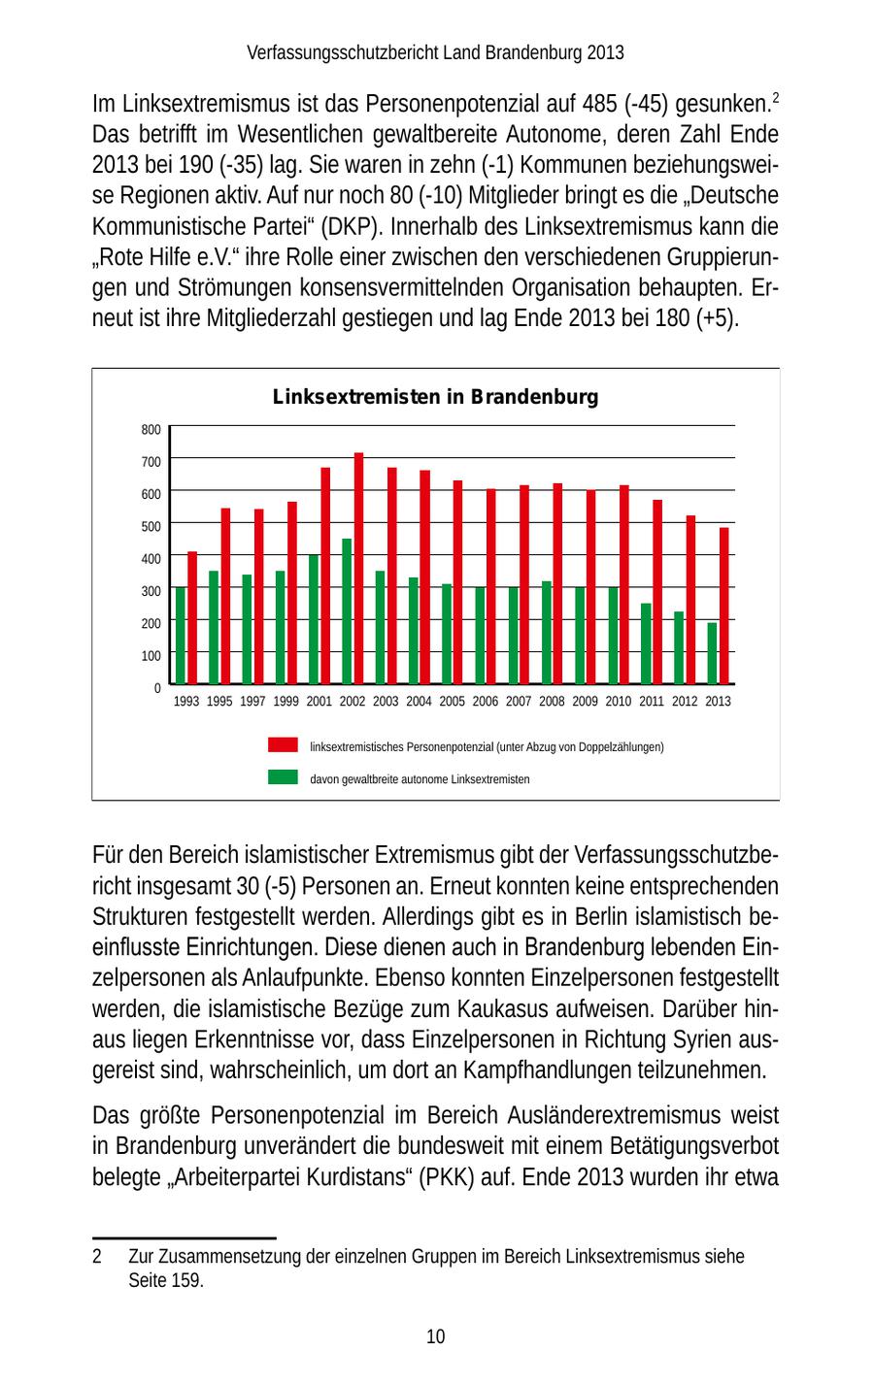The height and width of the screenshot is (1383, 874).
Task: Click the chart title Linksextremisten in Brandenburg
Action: (x=435, y=397)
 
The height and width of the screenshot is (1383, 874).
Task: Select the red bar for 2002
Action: (x=358, y=569)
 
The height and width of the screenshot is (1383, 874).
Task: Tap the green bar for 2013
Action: (x=712, y=653)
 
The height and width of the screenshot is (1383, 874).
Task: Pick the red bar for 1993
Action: (x=192, y=618)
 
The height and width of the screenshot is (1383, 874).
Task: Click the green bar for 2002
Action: (x=347, y=611)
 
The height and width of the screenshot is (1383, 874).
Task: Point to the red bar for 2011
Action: (x=657, y=592)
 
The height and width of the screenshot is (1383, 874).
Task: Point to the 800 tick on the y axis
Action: (x=151, y=429)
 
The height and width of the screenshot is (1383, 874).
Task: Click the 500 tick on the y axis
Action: (x=151, y=526)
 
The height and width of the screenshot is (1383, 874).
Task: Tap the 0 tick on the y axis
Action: (x=156, y=687)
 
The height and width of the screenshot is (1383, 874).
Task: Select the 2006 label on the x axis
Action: (x=486, y=701)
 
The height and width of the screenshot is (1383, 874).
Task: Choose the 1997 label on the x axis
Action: (x=252, y=701)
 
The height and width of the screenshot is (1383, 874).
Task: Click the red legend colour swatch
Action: (x=283, y=744)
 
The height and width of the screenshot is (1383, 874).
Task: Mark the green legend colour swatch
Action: (x=283, y=776)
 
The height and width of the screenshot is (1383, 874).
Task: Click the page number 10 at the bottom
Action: (x=436, y=1336)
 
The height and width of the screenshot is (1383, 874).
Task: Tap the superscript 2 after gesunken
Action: (x=775, y=97)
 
